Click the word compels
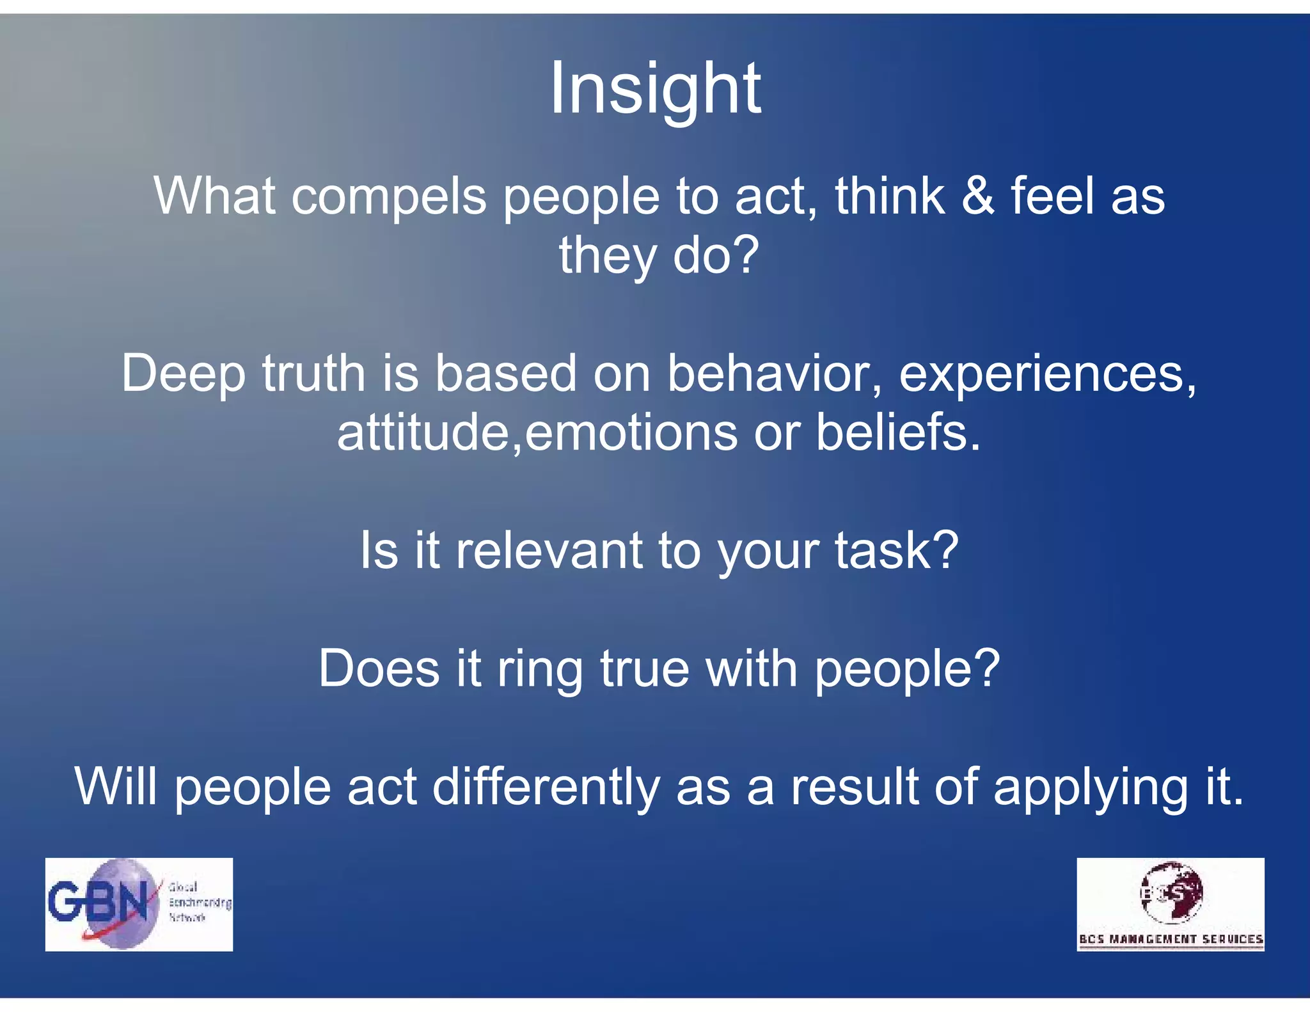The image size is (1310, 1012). coord(389,196)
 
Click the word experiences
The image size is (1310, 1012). coord(1046,374)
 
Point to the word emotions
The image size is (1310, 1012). coord(629,432)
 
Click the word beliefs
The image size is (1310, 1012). coord(897,432)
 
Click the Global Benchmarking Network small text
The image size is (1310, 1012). coord(198,902)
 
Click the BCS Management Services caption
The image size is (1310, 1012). coord(1171,939)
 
